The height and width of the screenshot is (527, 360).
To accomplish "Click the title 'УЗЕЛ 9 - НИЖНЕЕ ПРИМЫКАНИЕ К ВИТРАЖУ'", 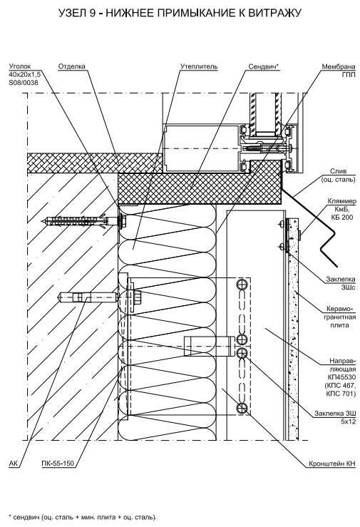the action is coord(180,13).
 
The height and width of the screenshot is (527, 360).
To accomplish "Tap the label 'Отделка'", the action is coord(71,66).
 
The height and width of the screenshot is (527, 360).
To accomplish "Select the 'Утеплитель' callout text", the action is coord(199,66).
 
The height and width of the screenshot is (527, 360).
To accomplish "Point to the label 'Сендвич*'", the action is coord(264,66).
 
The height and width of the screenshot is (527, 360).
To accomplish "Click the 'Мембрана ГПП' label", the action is coord(339,71).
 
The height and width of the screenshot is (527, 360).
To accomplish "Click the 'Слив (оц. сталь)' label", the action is coord(338,175).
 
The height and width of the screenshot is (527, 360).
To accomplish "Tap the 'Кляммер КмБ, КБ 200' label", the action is coord(342,209).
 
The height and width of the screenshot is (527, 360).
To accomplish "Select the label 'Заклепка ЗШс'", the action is coord(341,283).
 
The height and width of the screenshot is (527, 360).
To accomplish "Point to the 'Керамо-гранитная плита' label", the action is coord(341,317).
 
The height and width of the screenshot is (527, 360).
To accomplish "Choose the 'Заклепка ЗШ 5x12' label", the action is coord(335,417).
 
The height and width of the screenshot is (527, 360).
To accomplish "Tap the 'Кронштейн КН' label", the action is coord(331,464).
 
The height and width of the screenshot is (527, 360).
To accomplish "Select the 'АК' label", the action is coord(14,464).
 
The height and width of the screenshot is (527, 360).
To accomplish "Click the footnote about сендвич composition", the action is coord(83,516).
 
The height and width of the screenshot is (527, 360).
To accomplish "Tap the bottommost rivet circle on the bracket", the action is coord(242,408).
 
